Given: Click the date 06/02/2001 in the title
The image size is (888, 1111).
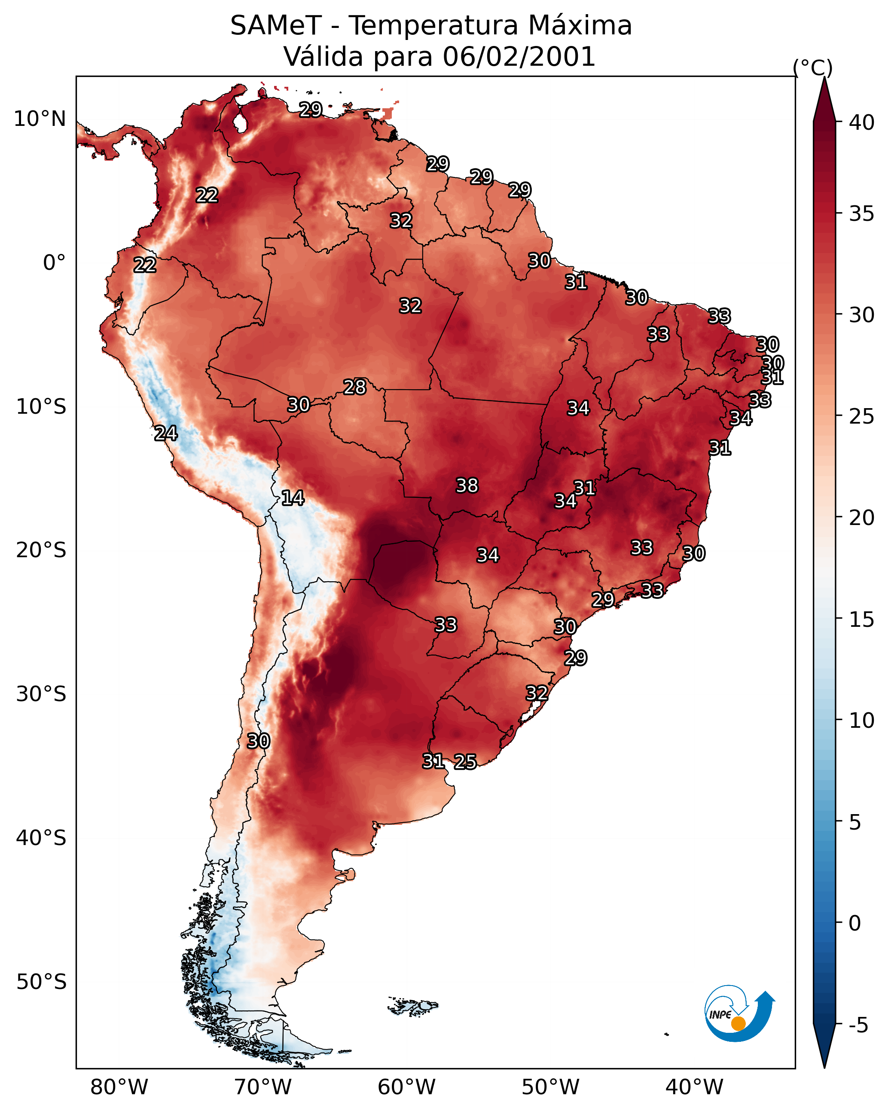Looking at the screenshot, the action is coord(519,57).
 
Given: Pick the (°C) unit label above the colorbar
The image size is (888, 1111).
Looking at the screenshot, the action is coord(813,67).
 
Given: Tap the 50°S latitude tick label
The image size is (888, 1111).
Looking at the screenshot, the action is coord(41,982).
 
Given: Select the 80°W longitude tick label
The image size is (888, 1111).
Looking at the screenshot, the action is coord(119,1087).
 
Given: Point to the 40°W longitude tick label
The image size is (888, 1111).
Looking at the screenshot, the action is coord(694,1087).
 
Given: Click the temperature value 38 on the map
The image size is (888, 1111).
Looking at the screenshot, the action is coord(467,485).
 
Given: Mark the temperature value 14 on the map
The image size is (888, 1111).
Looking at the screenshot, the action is coord(293,498).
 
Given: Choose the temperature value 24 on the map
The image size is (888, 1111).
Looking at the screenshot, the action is coord(166,433).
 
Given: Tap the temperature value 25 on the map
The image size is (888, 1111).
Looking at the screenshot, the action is coord(465,762).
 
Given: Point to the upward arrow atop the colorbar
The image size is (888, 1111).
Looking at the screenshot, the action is coord(824,99).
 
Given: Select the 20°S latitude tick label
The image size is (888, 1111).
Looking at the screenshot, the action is coord(41,550).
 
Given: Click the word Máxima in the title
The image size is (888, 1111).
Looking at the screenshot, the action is coord(580,26).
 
